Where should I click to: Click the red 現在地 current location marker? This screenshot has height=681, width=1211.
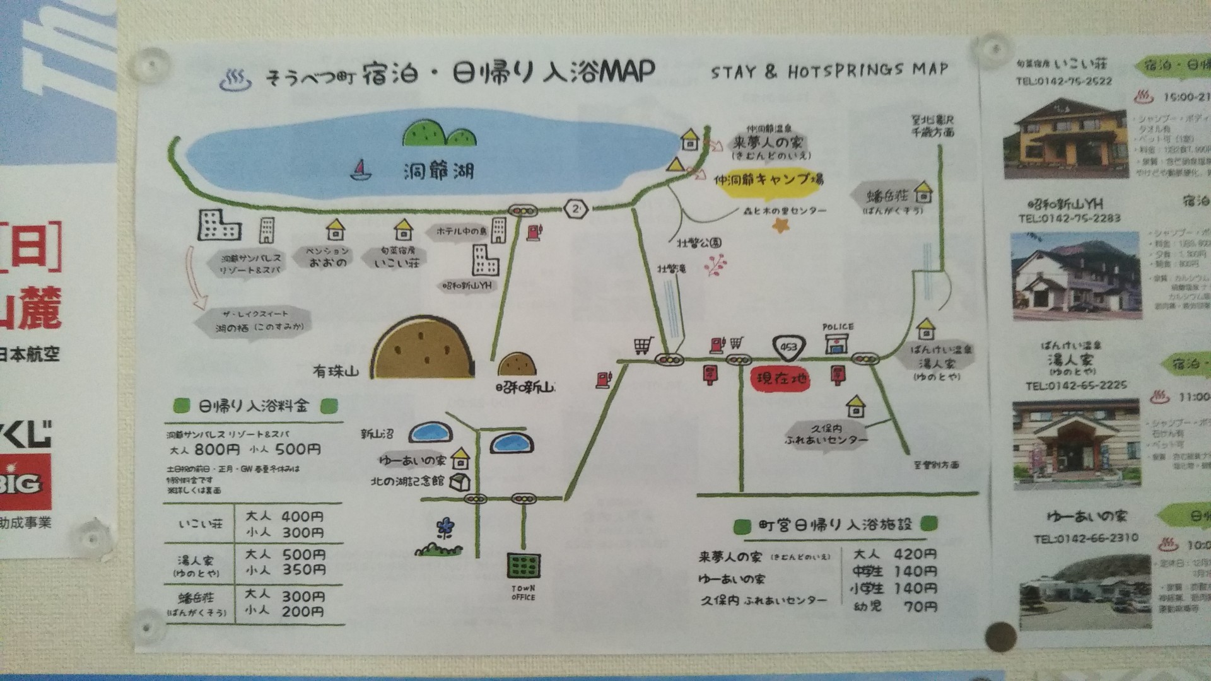pos(781,380)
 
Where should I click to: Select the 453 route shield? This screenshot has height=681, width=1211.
pos(788,347)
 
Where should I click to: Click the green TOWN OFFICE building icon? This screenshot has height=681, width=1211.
pos(524,566)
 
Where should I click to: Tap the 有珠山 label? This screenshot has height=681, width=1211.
pos(336,371)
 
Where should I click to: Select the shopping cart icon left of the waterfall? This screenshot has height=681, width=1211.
pos(643,346)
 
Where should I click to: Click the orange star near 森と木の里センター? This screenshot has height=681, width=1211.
pos(781,225)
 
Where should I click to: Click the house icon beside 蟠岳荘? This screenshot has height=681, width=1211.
pos(923,192)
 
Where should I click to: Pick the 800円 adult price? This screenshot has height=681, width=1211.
pos(217,450)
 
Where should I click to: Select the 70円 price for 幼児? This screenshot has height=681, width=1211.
pos(920,607)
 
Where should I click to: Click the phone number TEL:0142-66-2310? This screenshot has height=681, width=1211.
pos(1085,538)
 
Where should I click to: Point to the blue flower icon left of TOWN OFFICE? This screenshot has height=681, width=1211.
pos(445,527)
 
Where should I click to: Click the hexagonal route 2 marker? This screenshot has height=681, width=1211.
pos(576,209)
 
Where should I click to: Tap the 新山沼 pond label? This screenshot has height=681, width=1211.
pos(377,434)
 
